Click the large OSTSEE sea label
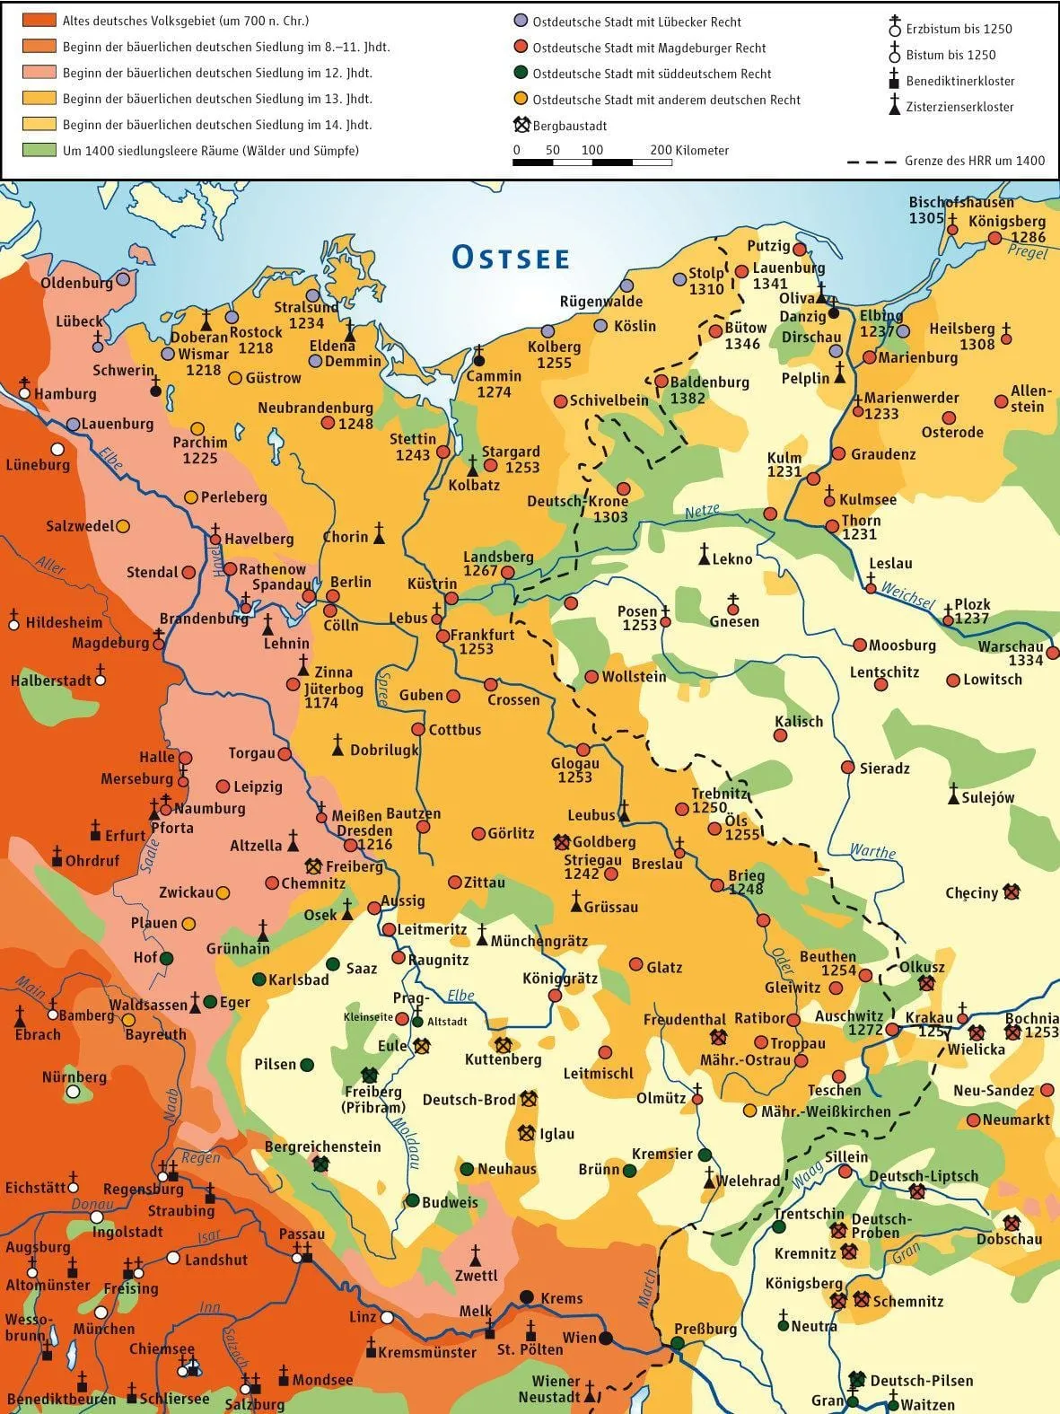(511, 258)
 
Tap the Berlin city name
(351, 582)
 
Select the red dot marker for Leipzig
(223, 786)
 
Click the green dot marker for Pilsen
(307, 1065)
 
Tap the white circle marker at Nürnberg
(73, 1093)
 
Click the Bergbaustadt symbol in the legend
(521, 126)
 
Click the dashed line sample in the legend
(872, 162)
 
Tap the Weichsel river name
(907, 593)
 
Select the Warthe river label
(872, 851)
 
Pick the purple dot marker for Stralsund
(312, 295)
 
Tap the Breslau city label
(657, 864)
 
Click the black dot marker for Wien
(607, 1338)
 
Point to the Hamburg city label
(65, 394)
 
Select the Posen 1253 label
(638, 618)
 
